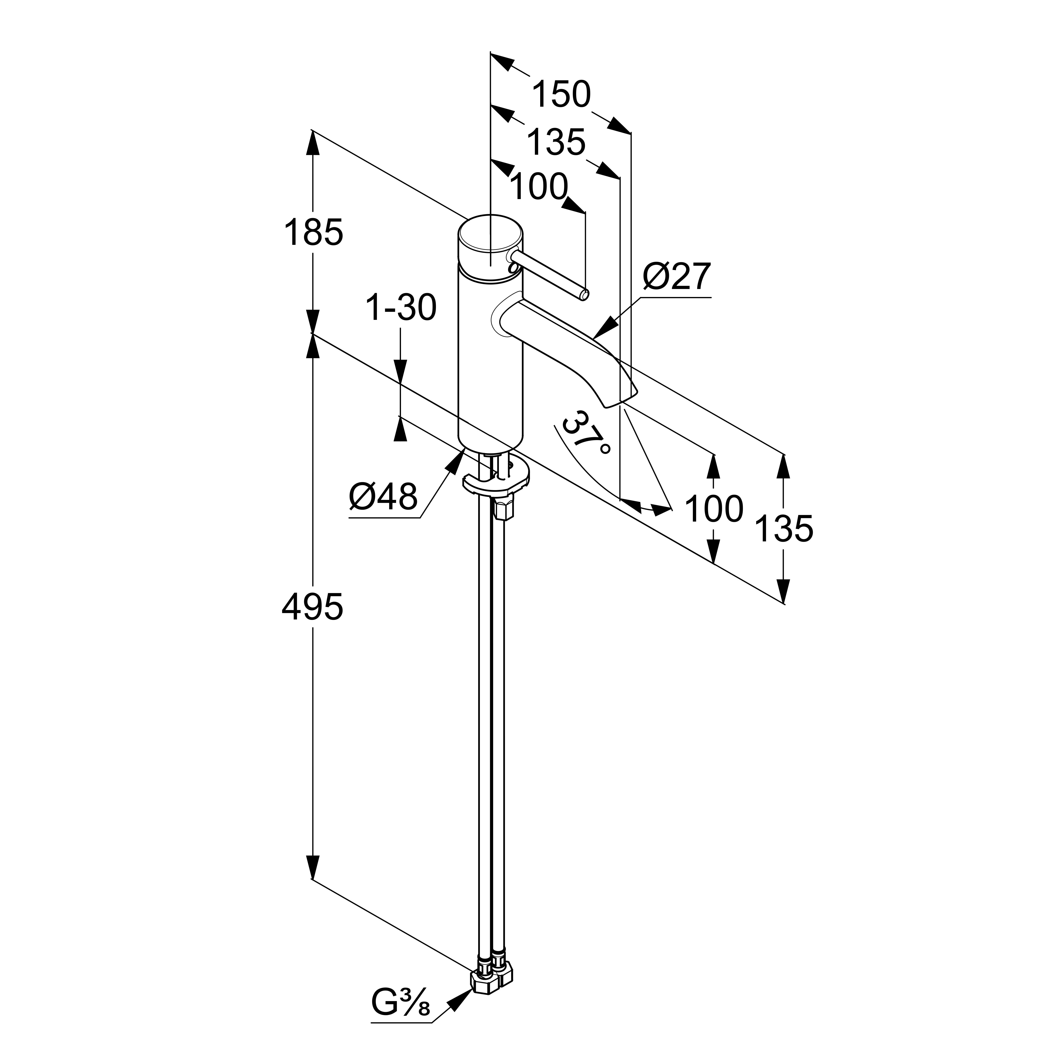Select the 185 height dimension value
(x=313, y=232)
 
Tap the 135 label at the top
(x=556, y=143)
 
